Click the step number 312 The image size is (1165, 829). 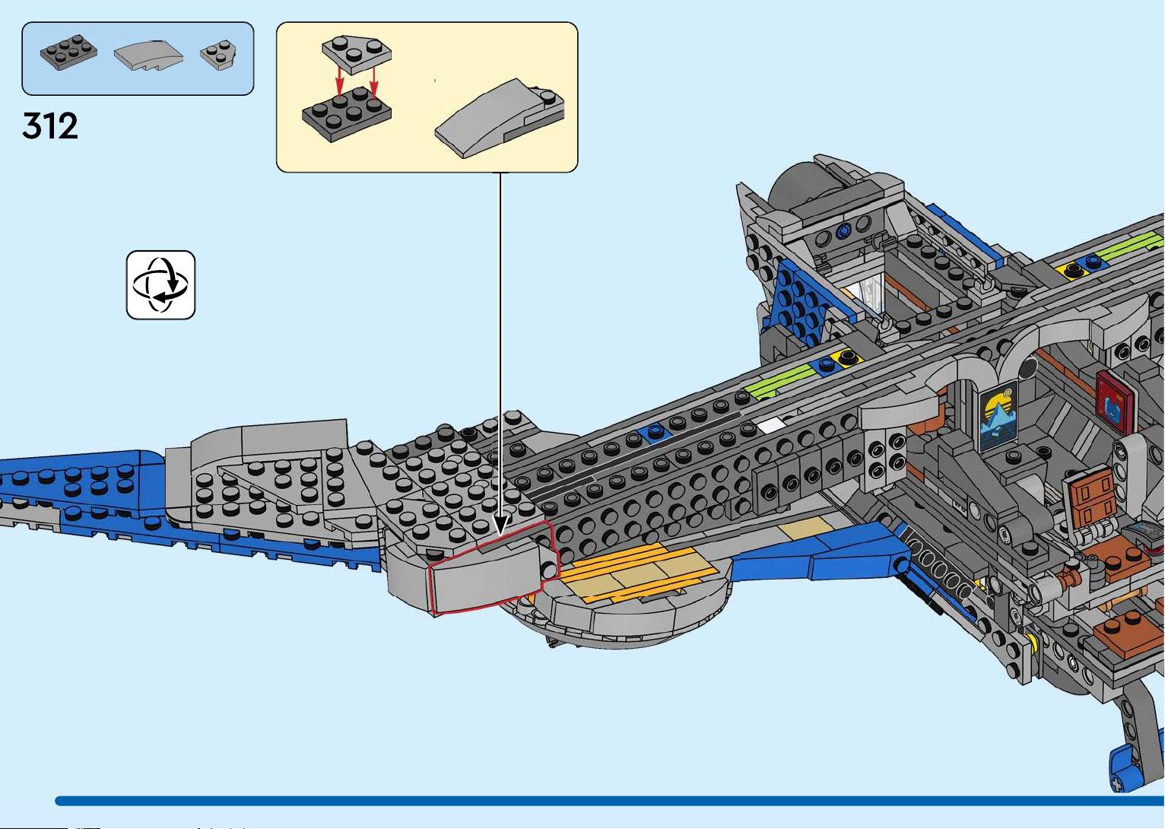pos(50,125)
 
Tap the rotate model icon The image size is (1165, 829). pos(160,285)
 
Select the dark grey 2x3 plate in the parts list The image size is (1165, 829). pos(68,52)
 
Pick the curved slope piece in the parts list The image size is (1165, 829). pos(149,56)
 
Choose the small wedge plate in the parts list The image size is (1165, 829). pos(218,55)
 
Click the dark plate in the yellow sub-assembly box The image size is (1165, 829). pos(346,114)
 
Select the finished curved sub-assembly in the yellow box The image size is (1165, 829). pos(500,119)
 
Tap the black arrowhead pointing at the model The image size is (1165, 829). pos(500,526)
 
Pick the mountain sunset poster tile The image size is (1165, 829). pos(998,417)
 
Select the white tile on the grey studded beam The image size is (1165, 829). pos(771,425)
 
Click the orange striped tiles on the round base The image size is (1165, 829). pos(639,571)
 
